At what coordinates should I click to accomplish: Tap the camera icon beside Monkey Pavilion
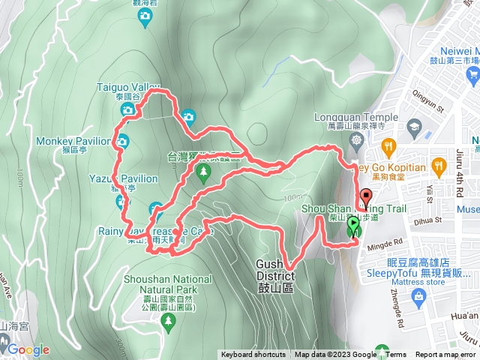pyautogui.click(x=121, y=140)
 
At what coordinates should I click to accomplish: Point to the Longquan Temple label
pyautogui.click(x=358, y=117)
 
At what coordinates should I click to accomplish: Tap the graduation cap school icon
pyautogui.click(x=414, y=127)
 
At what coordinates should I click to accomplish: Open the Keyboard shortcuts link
pyautogui.click(x=253, y=355)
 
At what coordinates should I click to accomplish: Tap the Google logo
pyautogui.click(x=28, y=349)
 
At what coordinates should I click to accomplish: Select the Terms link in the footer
pyautogui.click(x=396, y=355)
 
